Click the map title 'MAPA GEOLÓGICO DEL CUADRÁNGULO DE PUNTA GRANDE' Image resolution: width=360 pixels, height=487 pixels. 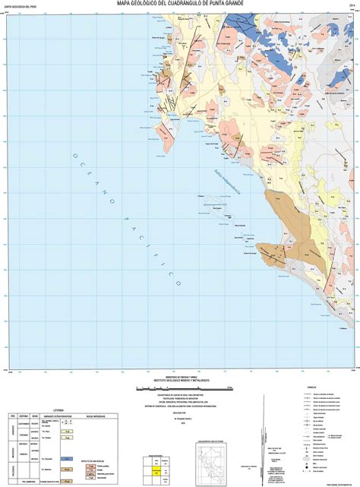(x=180, y=3)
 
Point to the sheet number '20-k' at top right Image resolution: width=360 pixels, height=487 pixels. (x=352, y=4)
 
